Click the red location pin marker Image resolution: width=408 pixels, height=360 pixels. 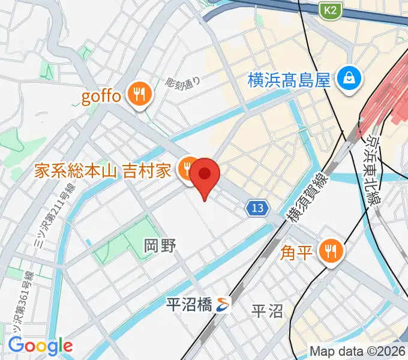pyautogui.click(x=205, y=175)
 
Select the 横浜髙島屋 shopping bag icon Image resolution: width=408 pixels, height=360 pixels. pyautogui.click(x=347, y=79)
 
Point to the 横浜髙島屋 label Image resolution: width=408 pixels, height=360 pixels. pyautogui.click(x=289, y=79)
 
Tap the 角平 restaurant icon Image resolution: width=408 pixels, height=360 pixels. pyautogui.click(x=330, y=250)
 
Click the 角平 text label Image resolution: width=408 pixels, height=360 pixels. pyautogui.click(x=298, y=251)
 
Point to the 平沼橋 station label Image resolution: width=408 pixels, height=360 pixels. pyautogui.click(x=188, y=305)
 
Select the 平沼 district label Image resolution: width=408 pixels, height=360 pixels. pyautogui.click(x=267, y=311)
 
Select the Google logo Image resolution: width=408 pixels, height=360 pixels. pyautogui.click(x=40, y=345)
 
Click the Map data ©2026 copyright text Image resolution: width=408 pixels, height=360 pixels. pyautogui.click(x=357, y=350)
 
